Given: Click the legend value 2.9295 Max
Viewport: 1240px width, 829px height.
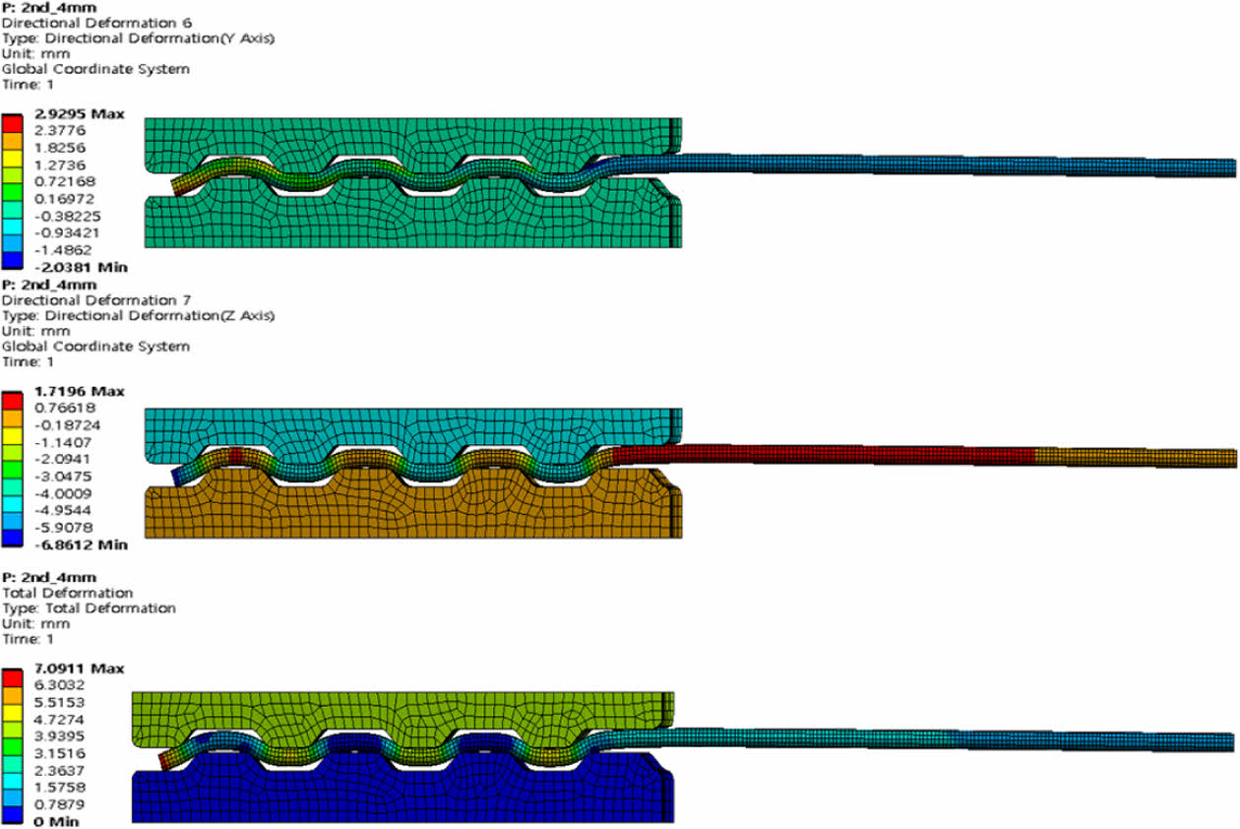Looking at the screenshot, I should (79, 114).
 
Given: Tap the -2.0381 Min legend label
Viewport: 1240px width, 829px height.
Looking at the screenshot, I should (79, 267).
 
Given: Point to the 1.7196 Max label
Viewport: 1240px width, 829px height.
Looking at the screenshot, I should (79, 392).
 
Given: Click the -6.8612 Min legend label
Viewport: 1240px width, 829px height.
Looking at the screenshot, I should (79, 544).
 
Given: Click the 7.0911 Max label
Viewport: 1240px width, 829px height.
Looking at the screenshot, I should (79, 669).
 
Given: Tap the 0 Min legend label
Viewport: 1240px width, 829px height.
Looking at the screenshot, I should (55, 821).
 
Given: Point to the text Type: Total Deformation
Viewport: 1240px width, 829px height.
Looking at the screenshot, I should (90, 608).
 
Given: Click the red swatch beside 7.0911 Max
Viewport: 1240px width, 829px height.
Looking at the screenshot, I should (13, 677).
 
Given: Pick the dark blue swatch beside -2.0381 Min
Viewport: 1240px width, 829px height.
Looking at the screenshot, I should (13, 259).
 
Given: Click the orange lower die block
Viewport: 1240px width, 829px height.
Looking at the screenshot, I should (413, 512).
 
